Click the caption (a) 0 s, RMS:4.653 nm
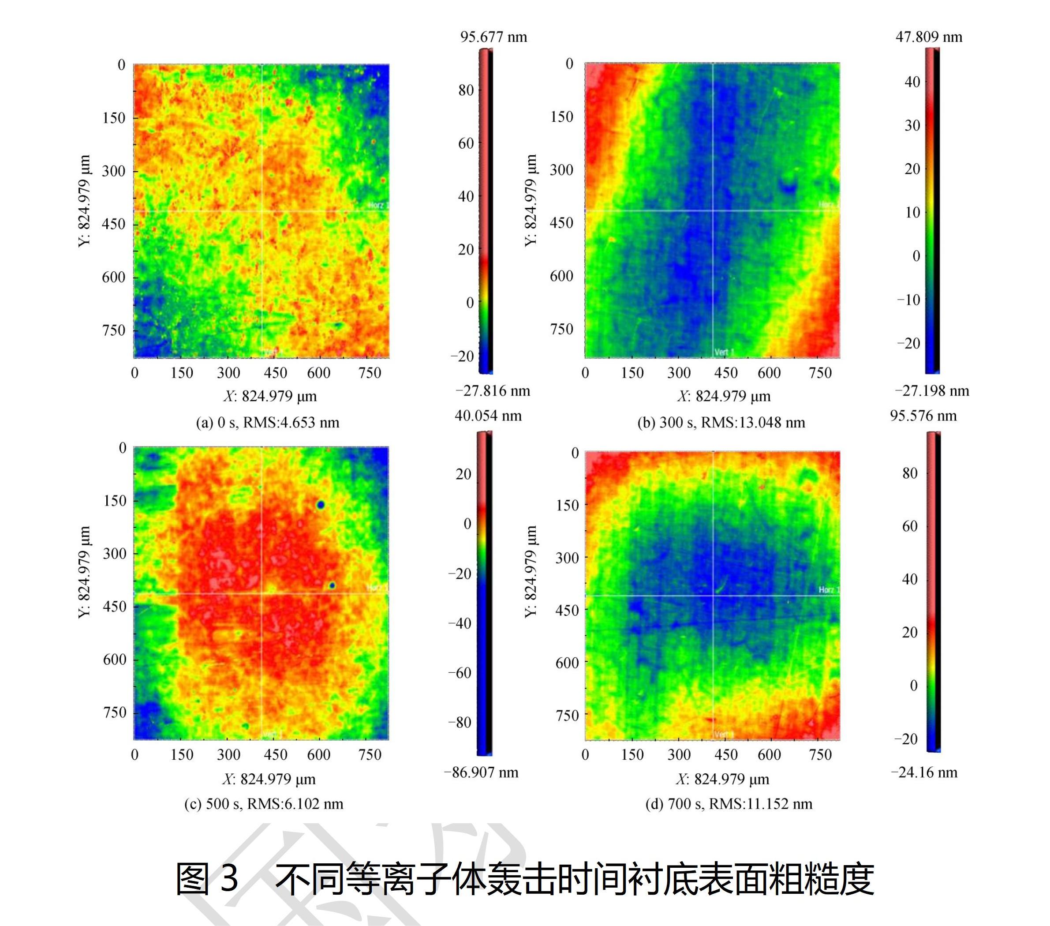coord(268,422)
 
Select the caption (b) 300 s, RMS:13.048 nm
coord(721,422)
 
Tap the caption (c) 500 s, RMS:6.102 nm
coord(264,803)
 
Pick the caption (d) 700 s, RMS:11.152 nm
coord(729,803)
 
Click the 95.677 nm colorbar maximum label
coord(493,37)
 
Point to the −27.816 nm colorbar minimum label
coord(492,390)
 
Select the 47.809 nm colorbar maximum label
coord(929,37)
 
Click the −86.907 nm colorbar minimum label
coord(481,772)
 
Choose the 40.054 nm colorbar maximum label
coord(488,415)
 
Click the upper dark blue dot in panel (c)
coord(321,505)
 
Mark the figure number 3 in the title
coord(229,878)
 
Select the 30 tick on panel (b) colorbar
coord(912,125)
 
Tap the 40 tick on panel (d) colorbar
coord(909,579)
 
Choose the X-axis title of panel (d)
coord(722,779)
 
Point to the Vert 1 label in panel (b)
coord(724,352)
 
